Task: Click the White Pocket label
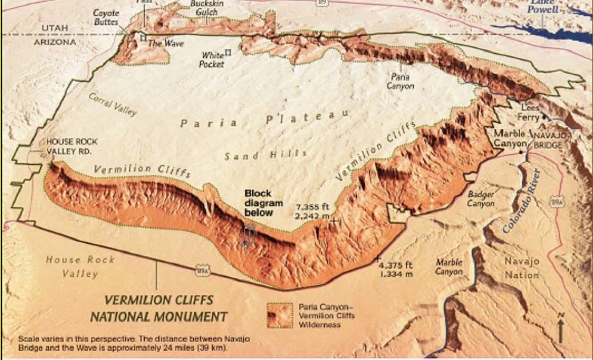pyautogui.click(x=213, y=59)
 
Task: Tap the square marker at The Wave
pyautogui.click(x=144, y=38)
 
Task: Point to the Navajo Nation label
pyautogui.click(x=521, y=268)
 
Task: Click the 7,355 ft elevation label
pyautogui.click(x=312, y=211)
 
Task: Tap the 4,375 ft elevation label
pyautogui.click(x=396, y=269)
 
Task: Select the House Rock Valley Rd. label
pyautogui.click(x=72, y=145)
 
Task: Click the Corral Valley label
pyautogui.click(x=113, y=103)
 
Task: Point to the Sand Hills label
pyautogui.click(x=265, y=155)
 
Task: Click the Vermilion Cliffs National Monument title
pyautogui.click(x=158, y=308)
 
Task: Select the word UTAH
pyautogui.click(x=55, y=28)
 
